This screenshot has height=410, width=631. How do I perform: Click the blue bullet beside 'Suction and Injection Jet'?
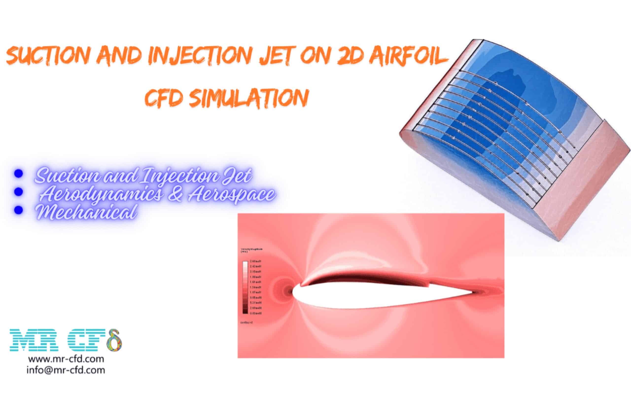click(x=18, y=174)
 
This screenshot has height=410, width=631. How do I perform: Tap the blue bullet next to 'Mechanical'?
click(x=18, y=210)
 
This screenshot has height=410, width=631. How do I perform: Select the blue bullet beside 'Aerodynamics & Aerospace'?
click(x=18, y=192)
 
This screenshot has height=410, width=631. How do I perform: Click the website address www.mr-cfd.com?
click(x=66, y=359)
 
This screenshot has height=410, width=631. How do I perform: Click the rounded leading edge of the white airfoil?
click(x=293, y=292)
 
